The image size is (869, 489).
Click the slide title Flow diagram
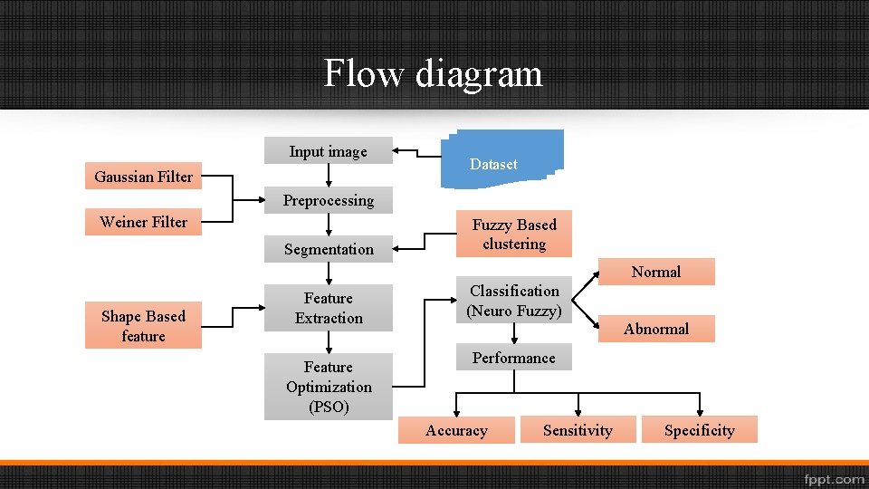[434, 72]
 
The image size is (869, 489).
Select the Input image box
[328, 151]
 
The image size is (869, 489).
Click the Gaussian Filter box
[143, 177]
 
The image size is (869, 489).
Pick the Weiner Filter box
[143, 222]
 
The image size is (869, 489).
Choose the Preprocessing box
[328, 200]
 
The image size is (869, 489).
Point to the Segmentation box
[328, 249]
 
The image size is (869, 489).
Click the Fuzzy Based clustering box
[513, 235]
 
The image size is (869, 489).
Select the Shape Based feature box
[143, 326]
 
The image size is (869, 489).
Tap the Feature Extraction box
[328, 308]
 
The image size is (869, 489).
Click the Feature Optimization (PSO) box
[328, 387]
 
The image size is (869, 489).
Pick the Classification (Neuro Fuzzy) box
[513, 301]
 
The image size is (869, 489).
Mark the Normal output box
[656, 272]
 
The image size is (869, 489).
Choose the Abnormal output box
[656, 329]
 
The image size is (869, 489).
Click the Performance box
[513, 358]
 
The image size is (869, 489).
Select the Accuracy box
[456, 430]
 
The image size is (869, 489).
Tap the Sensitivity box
[578, 430]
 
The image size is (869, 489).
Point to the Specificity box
[699, 430]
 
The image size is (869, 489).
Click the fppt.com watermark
[833, 478]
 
